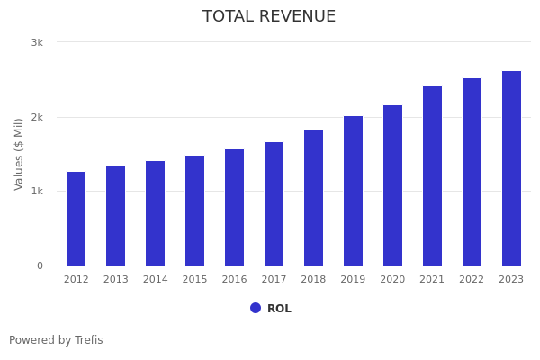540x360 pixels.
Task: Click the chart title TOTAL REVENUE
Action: (269, 17)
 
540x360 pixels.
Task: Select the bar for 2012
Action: (76, 219)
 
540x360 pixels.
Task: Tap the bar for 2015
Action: (195, 211)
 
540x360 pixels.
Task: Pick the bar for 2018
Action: (313, 198)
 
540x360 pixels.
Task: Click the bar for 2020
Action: (392, 185)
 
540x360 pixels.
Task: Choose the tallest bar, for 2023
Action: (511, 168)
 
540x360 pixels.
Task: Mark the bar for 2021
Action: (432, 176)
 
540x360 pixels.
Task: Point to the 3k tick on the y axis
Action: (37, 42)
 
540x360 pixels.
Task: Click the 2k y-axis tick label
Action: (37, 117)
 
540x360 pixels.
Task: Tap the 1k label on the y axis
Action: (37, 192)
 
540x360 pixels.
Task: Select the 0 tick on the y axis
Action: (40, 265)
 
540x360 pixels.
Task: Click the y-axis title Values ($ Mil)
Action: (19, 154)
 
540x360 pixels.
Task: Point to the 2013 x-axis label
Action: (116, 280)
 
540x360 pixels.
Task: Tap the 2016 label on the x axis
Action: (234, 280)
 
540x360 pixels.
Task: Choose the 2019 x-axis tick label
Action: (353, 280)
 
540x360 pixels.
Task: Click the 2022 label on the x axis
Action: (472, 280)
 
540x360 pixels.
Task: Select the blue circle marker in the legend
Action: (256, 308)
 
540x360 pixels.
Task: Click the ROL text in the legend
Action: (279, 309)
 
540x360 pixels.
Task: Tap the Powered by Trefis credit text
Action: (56, 340)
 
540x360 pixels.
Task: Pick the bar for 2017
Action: (274, 204)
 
